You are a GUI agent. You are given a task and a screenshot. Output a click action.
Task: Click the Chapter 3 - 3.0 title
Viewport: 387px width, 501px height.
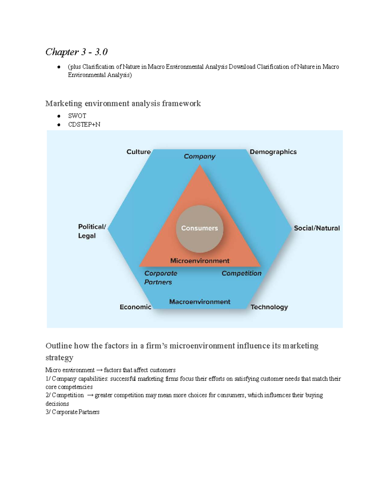click(76, 52)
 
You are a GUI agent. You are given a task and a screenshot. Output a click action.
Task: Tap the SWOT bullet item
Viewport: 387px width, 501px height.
click(77, 116)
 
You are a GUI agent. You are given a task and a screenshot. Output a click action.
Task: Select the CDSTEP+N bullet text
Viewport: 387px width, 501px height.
click(84, 125)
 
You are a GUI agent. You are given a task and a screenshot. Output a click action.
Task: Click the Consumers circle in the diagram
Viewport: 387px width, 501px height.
click(200, 228)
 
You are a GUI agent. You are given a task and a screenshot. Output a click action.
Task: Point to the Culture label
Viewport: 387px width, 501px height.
click(138, 152)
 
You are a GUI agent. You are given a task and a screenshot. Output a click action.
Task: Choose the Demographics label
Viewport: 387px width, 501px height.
click(273, 152)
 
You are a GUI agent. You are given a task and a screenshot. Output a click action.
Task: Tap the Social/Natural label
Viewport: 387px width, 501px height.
click(317, 228)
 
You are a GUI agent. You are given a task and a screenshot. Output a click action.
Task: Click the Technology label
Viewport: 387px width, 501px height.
click(269, 307)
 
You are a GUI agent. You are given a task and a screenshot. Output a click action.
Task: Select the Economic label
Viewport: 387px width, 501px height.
click(135, 307)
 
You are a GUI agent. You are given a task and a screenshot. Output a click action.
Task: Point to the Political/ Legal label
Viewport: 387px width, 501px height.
click(91, 231)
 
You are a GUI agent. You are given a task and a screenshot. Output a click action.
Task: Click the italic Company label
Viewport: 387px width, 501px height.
click(200, 156)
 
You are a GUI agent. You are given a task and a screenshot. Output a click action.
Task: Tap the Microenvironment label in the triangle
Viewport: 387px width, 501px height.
click(200, 261)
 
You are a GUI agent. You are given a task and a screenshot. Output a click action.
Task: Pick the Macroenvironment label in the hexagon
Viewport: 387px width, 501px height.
click(200, 302)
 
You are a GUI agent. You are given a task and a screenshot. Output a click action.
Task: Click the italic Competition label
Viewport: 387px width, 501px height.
click(241, 273)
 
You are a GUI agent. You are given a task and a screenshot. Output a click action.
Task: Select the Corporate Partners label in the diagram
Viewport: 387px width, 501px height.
click(160, 277)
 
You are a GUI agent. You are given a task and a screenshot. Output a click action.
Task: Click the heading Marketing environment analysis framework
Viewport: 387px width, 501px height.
click(123, 104)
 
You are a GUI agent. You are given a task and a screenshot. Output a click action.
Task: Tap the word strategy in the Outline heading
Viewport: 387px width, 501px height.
click(59, 358)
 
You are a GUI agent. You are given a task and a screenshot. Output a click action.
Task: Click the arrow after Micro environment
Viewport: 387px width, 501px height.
click(99, 370)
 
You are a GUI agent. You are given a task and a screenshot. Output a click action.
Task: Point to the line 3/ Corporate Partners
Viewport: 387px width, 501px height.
click(73, 412)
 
